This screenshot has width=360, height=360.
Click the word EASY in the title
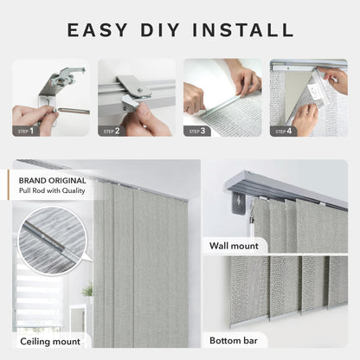(98, 30)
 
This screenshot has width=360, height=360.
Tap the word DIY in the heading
(160, 30)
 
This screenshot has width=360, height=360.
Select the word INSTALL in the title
(243, 30)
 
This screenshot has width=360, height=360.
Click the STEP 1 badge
(26, 132)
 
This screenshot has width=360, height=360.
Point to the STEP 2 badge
(112, 132)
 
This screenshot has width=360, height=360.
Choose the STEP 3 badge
(197, 132)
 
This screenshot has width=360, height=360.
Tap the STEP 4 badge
(283, 132)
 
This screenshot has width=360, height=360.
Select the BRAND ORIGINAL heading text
(53, 181)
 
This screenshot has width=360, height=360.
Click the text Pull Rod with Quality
(52, 190)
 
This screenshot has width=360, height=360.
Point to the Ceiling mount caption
(50, 342)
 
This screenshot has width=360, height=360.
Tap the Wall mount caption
(234, 246)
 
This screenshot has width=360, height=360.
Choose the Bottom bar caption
(234, 340)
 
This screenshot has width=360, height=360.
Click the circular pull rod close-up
(53, 241)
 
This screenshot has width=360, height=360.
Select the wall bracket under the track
(239, 203)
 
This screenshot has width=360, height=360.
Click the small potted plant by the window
(87, 290)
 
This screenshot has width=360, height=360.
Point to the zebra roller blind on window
(38, 292)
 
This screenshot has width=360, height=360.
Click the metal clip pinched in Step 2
(131, 102)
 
